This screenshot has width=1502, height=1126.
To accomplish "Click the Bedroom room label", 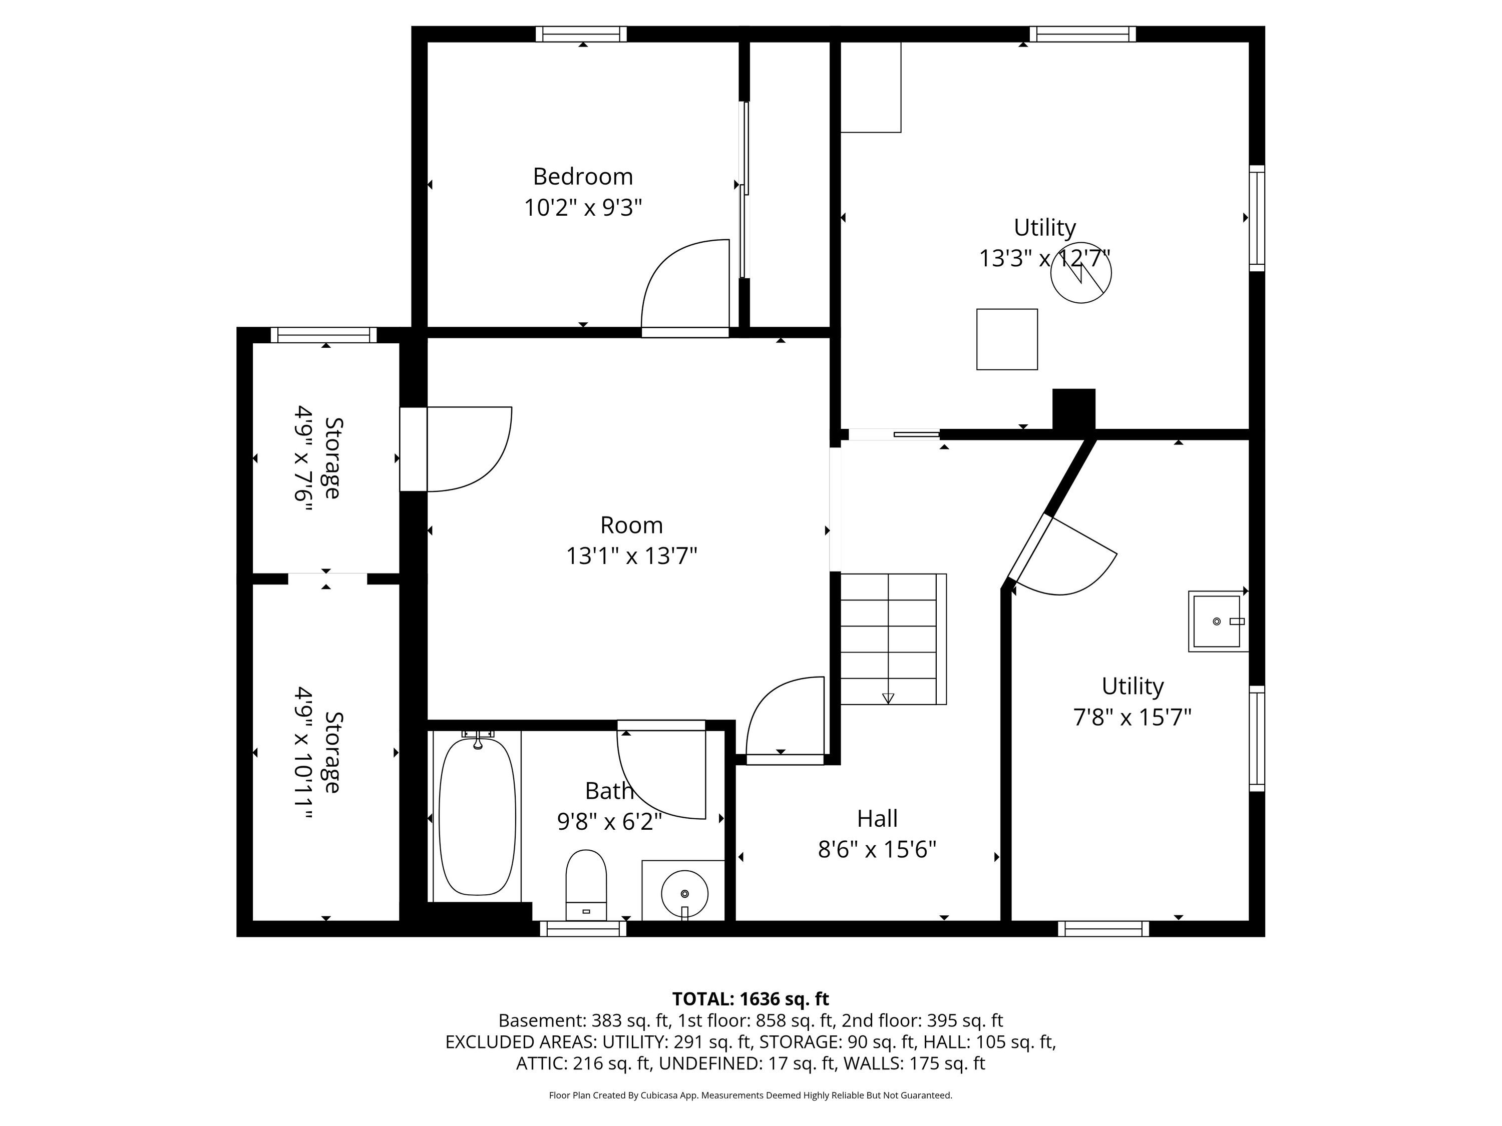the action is tap(583, 177).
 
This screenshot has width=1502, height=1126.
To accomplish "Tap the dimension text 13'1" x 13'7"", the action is tap(631, 556).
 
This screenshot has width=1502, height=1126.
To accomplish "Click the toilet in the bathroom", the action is tap(586, 884).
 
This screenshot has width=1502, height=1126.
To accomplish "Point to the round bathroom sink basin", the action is tap(684, 893).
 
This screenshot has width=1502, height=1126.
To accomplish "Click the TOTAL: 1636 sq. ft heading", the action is tap(750, 999).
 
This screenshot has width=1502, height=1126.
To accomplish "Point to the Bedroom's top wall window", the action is tap(581, 34).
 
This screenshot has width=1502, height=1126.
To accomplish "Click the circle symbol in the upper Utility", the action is tap(1081, 273).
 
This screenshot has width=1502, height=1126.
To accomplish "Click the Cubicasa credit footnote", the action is tap(750, 1095).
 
